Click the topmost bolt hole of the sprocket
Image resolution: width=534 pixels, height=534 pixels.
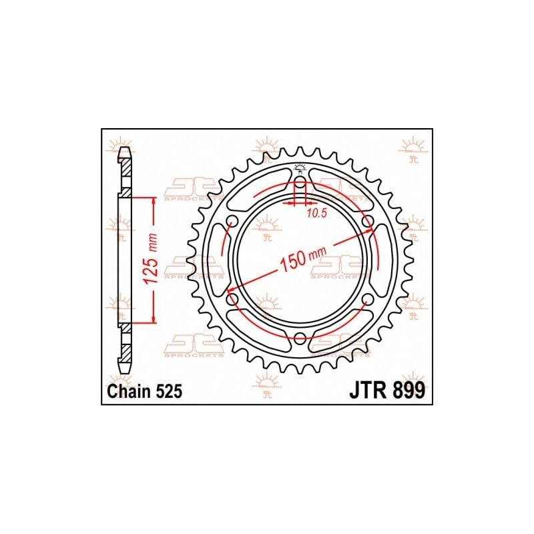point(300,183)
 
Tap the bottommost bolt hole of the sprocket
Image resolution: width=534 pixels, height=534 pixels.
point(300,337)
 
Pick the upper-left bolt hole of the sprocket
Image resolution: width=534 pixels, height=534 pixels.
point(232,222)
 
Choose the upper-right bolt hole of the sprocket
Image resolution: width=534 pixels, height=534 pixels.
point(366,222)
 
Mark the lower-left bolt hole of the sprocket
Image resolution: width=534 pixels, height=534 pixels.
point(232,299)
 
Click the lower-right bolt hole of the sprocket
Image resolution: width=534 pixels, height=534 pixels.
point(366,299)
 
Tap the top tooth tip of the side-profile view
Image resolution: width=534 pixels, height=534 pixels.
point(124,152)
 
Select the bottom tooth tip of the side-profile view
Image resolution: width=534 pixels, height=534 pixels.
point(124,369)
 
